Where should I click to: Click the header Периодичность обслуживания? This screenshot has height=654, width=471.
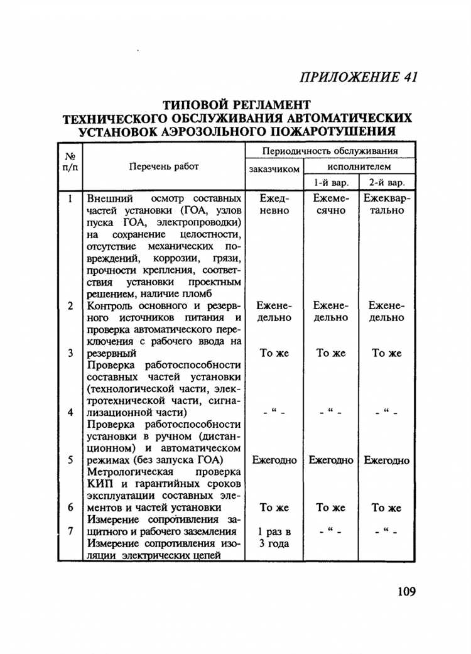coord(330,151)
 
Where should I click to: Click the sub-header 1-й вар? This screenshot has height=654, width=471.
coord(330,183)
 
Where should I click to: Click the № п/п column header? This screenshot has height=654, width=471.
coord(70,161)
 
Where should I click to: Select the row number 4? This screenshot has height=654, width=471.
coord(70,413)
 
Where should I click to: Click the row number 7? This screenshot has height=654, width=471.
coord(70,531)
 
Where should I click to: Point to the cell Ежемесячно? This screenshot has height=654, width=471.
coord(330,204)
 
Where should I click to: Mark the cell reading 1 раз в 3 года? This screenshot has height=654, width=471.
coord(274,538)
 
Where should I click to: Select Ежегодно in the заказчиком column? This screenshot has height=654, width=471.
coord(274,461)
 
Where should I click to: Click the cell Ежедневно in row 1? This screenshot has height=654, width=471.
coord(274,204)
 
